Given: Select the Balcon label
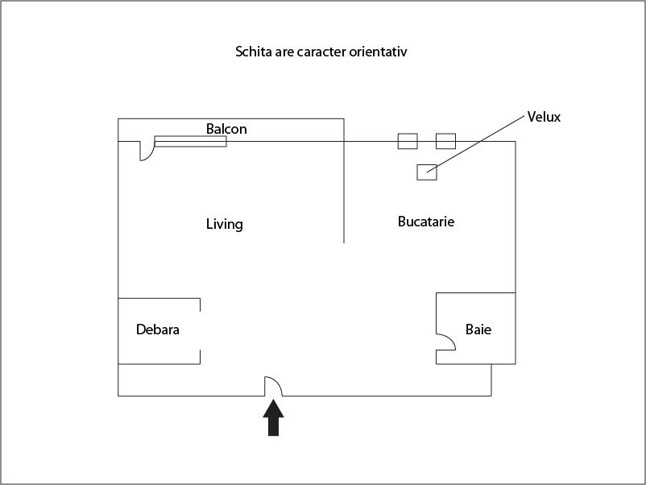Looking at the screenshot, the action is tap(226, 129).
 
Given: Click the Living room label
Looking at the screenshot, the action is tap(225, 224).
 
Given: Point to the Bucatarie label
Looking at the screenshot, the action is tap(426, 222).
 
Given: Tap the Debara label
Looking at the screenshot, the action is tap(158, 330).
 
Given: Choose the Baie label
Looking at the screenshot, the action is tap(478, 330).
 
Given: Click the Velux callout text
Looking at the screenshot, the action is tap(544, 117).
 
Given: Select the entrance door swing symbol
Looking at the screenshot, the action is tap(274, 386).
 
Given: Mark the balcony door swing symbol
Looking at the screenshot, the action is tap(147, 151).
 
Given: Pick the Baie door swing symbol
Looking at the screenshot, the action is tap(445, 342).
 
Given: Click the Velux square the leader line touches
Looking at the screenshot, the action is tap(427, 172).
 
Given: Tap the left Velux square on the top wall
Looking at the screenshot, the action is tap(408, 141).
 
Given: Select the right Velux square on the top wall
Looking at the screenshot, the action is tap(445, 141).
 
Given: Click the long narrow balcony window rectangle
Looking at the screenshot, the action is tap(190, 141).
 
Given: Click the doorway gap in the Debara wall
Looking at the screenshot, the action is tap(201, 331).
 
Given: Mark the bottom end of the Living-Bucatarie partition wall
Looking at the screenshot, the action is tap(344, 242).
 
